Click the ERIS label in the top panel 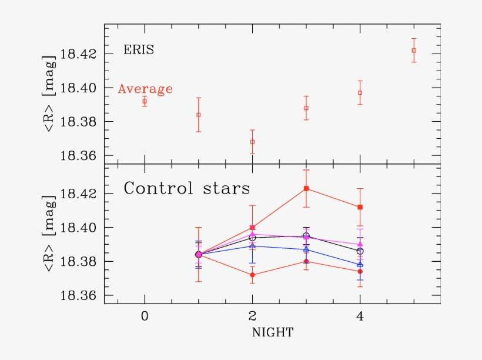tap(139, 50)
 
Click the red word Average tap(145, 89)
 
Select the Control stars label tap(186, 189)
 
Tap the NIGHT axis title tap(272, 332)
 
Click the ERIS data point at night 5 tap(414, 51)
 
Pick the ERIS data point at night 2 tap(252, 142)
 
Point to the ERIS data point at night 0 tap(145, 101)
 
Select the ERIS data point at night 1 tap(199, 115)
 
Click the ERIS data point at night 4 tap(360, 92)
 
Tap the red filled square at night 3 tap(306, 188)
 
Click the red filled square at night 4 tap(360, 207)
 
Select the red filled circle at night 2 tap(252, 275)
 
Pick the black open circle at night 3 tap(306, 236)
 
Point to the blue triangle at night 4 tap(360, 265)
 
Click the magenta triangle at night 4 tap(360, 244)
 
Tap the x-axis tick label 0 tap(145, 315)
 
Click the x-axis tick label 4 tap(360, 315)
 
